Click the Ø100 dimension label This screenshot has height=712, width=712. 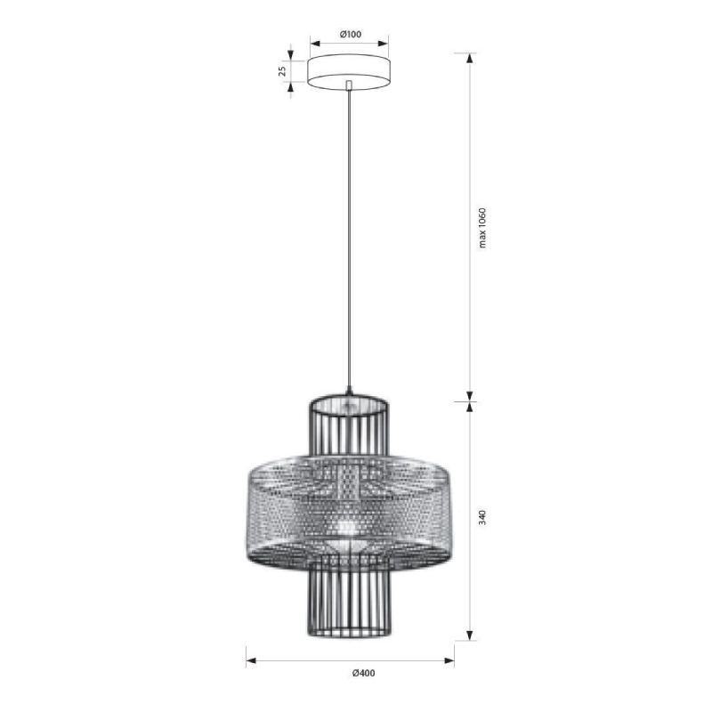click(350, 34)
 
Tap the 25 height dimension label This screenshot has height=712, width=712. click(282, 71)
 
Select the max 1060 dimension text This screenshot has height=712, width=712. click(482, 228)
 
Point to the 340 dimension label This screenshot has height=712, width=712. click(482, 518)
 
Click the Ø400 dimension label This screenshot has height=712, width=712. click(364, 673)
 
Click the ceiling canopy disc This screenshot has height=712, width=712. click(348, 72)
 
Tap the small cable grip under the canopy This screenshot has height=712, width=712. click(349, 85)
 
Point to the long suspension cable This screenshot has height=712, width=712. click(349, 239)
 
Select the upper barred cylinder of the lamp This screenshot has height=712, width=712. click(349, 426)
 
